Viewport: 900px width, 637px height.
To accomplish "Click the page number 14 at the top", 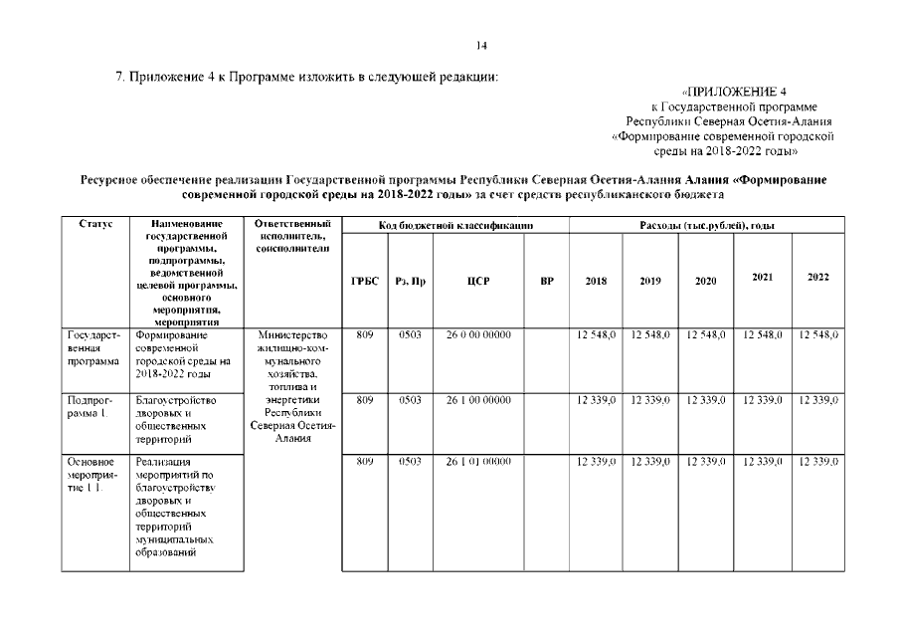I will [x=481, y=45].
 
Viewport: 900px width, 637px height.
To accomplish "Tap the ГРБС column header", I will [x=364, y=282].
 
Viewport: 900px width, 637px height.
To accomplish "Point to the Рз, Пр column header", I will [x=410, y=282].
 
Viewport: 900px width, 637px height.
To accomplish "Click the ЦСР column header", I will [x=477, y=282].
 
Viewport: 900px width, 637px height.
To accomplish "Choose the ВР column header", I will [x=546, y=282].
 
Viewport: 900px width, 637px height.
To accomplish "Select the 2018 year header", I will [x=596, y=282].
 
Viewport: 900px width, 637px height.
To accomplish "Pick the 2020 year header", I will [x=705, y=282].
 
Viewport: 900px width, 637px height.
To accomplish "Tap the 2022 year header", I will [x=817, y=278].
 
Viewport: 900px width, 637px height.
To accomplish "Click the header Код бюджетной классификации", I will [x=455, y=226].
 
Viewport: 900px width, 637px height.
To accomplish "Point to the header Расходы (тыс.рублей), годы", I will [x=706, y=226].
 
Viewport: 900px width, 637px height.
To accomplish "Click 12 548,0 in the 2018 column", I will [x=596, y=335].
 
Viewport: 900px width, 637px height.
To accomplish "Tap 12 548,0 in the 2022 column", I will [x=818, y=335].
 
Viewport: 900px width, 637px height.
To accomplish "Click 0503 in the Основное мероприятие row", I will [x=410, y=462].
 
